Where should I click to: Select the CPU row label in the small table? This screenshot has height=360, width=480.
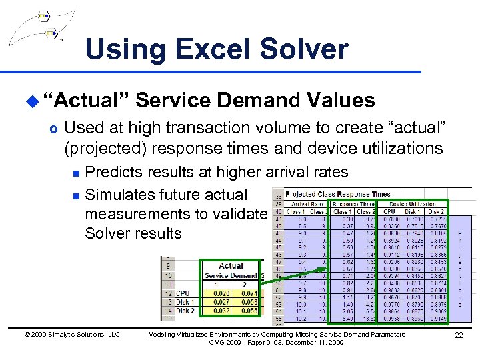(183, 293)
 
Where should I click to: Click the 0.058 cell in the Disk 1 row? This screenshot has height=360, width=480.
(248, 301)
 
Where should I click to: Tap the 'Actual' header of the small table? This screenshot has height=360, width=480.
(231, 265)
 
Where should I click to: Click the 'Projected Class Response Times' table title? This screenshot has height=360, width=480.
(337, 194)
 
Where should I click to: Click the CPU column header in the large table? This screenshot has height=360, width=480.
(389, 211)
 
